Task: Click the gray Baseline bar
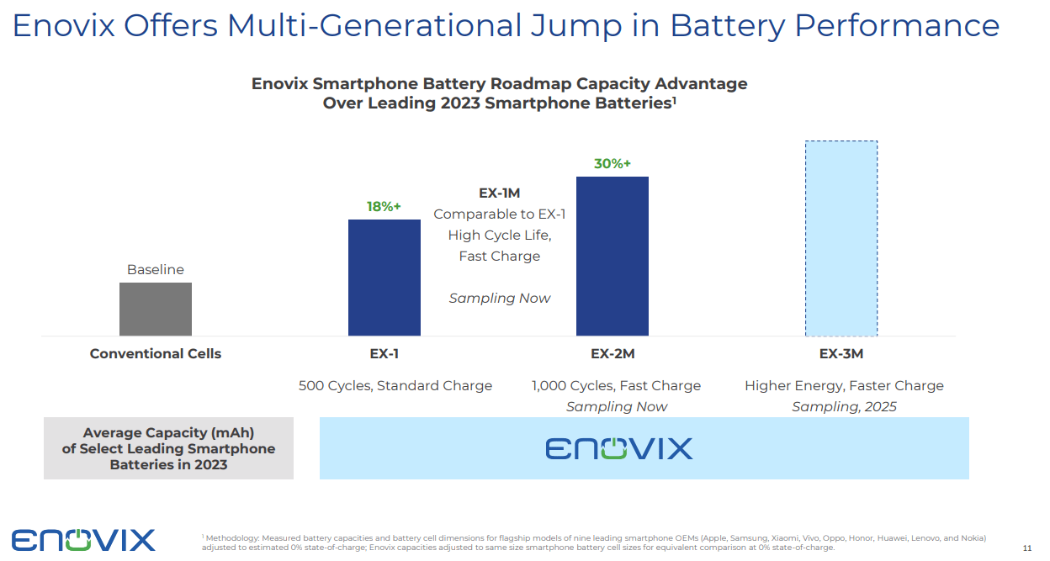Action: [x=156, y=309]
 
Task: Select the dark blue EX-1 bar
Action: [x=384, y=278]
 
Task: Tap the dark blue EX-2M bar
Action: [x=612, y=256]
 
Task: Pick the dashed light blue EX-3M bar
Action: [x=841, y=238]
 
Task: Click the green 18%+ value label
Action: [x=384, y=206]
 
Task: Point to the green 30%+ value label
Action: [x=612, y=163]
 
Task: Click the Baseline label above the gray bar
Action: [x=156, y=270]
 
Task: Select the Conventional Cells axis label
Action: [x=156, y=354]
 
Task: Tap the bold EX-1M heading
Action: [x=500, y=193]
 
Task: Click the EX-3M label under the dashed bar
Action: [x=841, y=354]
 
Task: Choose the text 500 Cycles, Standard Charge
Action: [x=395, y=386]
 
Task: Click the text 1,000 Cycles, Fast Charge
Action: [x=616, y=386]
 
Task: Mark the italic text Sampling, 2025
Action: [x=844, y=407]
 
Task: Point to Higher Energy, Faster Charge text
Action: [x=844, y=386]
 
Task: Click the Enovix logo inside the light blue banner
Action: [x=619, y=448]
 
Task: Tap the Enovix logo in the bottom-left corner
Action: [x=83, y=539]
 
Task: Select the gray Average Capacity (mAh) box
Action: [x=168, y=448]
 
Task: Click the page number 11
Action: [x=1026, y=548]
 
